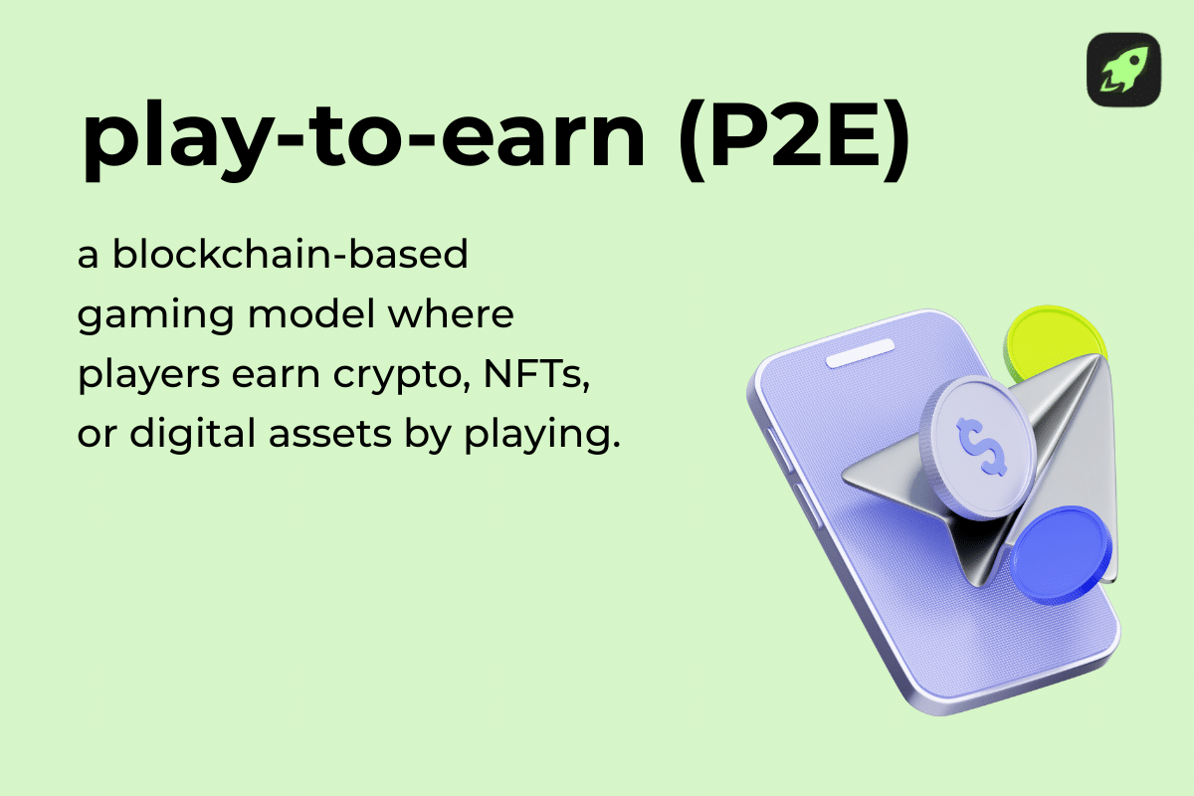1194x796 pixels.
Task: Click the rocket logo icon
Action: (1123, 70)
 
